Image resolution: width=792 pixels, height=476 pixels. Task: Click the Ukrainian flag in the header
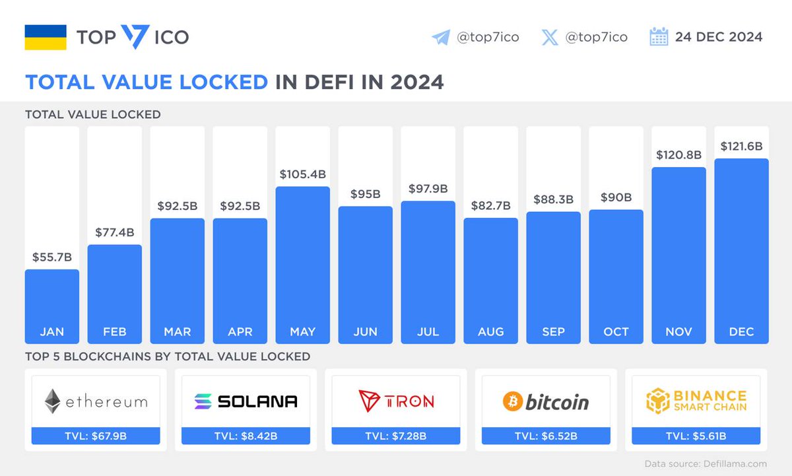46,37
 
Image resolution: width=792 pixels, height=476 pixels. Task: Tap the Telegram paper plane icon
440,37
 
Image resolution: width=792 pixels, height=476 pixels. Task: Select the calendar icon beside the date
659,37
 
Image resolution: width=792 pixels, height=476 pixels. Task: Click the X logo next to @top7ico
549,37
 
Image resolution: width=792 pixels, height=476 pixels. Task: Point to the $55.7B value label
51,257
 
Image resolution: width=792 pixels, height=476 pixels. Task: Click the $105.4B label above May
302,174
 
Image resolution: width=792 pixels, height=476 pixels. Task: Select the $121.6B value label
741,146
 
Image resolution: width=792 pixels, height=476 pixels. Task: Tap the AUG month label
490,331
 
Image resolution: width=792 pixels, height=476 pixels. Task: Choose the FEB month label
114,331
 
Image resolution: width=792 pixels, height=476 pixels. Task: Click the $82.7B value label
490,206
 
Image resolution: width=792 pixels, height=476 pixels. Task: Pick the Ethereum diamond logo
53,401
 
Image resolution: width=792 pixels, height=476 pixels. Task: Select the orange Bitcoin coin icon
512,401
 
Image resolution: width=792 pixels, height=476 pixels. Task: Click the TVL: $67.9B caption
96,436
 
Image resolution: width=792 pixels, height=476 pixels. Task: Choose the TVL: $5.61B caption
696,436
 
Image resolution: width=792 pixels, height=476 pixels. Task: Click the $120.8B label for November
678,155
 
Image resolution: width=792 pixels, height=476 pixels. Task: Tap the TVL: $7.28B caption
396,436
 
